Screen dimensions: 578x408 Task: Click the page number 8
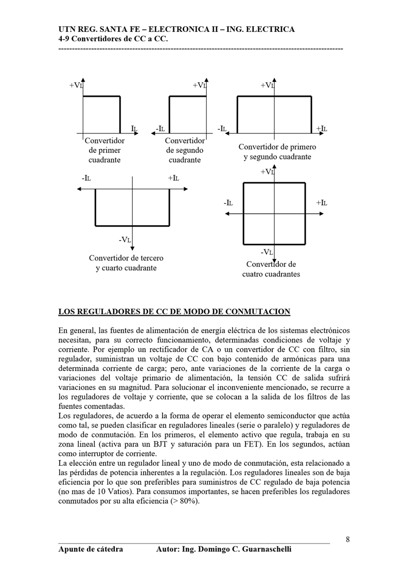tap(348, 539)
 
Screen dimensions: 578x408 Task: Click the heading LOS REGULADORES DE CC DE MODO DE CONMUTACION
tap(174, 312)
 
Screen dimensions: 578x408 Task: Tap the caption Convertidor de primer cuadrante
tap(104, 150)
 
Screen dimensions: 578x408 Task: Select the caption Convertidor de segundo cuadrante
tap(185, 150)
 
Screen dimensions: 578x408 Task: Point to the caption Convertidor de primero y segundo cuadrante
tap(277, 152)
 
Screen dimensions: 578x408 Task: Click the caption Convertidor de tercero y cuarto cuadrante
tap(126, 263)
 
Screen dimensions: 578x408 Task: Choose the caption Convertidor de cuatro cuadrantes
tap(271, 269)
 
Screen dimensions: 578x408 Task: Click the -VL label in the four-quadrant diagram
tap(267, 252)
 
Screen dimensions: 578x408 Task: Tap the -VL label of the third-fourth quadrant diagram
tap(125, 240)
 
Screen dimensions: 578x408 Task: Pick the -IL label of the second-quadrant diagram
tap(160, 128)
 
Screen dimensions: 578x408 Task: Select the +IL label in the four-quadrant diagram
tap(322, 203)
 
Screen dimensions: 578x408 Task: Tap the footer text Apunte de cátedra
tap(91, 549)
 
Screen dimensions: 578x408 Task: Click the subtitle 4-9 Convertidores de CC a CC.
tap(113, 39)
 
